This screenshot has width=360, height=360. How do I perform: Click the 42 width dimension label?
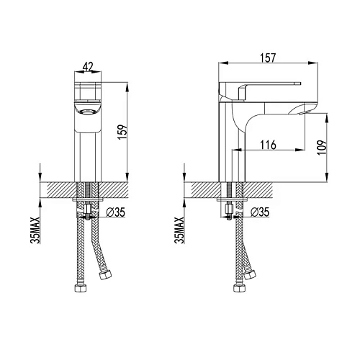point(88,66)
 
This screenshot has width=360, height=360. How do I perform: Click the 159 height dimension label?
point(122,132)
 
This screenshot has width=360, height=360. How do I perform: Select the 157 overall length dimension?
point(268,58)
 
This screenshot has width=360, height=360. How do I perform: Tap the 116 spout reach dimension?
point(269,145)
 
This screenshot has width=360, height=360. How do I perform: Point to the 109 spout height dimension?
point(322,148)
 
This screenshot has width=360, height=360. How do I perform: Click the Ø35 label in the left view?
point(116,212)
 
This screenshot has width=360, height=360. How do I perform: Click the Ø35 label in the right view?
point(260,212)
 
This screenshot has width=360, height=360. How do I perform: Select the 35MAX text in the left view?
point(35,230)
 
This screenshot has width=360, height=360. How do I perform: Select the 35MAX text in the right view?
point(179,230)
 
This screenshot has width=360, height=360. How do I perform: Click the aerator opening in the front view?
point(87,112)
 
